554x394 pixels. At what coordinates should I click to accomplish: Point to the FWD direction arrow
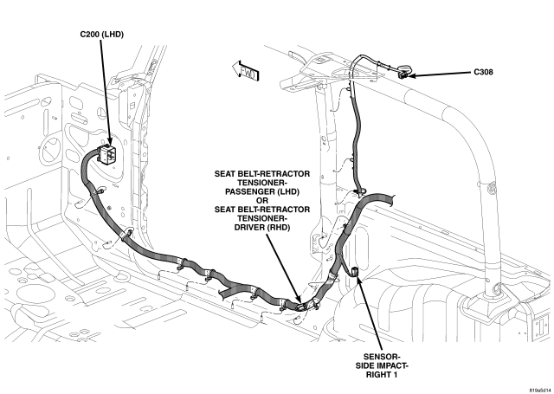246,70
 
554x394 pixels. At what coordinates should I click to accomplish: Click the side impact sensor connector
354,272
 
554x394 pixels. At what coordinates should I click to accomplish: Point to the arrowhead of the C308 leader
414,75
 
